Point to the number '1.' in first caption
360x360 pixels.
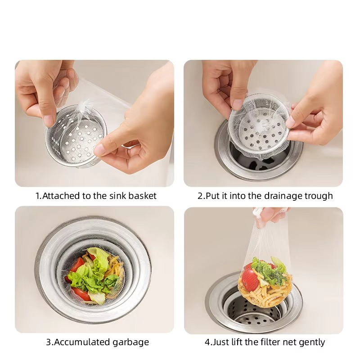[39, 196]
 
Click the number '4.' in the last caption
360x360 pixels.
[208, 342]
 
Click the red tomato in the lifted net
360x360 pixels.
[251, 278]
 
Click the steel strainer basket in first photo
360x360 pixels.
[76, 139]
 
